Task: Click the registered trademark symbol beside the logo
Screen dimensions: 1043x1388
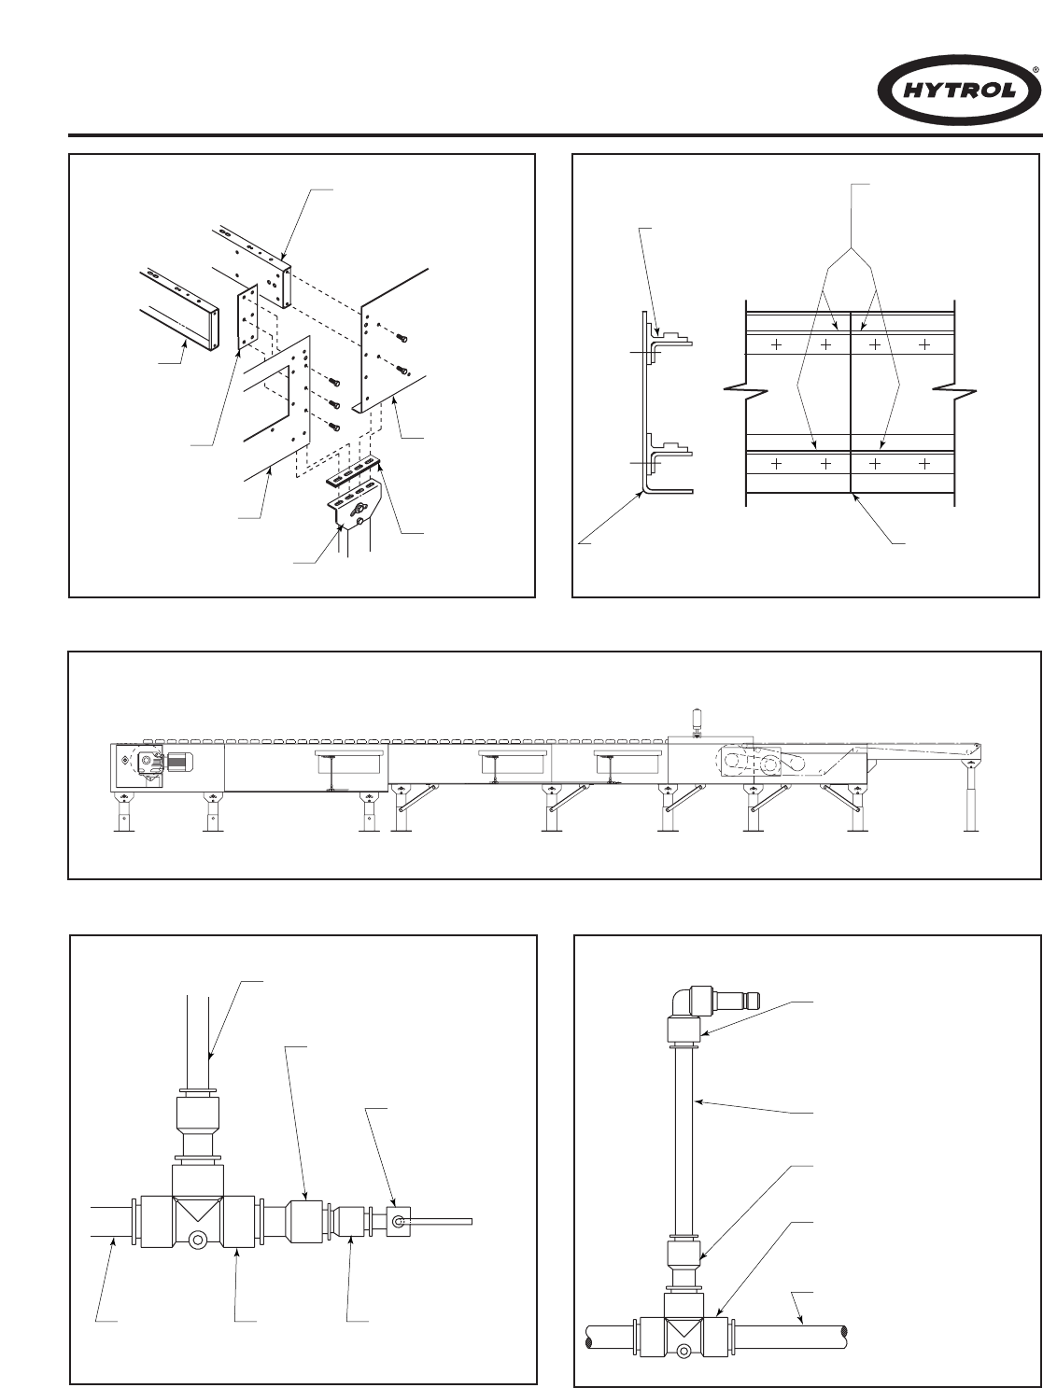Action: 1035,70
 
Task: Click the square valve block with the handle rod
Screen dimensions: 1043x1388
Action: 399,1221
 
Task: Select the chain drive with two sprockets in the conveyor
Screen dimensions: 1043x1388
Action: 755,763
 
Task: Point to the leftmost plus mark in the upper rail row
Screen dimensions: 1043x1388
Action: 776,344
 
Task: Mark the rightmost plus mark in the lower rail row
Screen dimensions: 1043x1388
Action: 924,463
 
